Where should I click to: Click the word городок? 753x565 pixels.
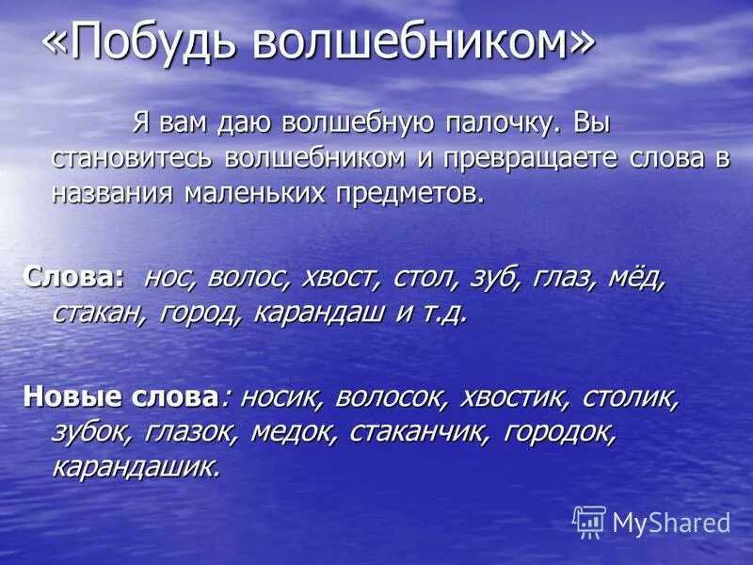click(x=560, y=431)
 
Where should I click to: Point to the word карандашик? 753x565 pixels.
click(x=136, y=466)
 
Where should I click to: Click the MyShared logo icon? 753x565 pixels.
click(x=590, y=521)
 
